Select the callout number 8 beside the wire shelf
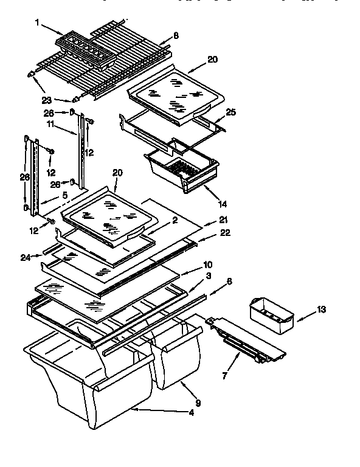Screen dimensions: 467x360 point(175,36)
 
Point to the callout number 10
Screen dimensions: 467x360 point(207,265)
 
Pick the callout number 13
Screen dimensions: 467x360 point(321,310)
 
